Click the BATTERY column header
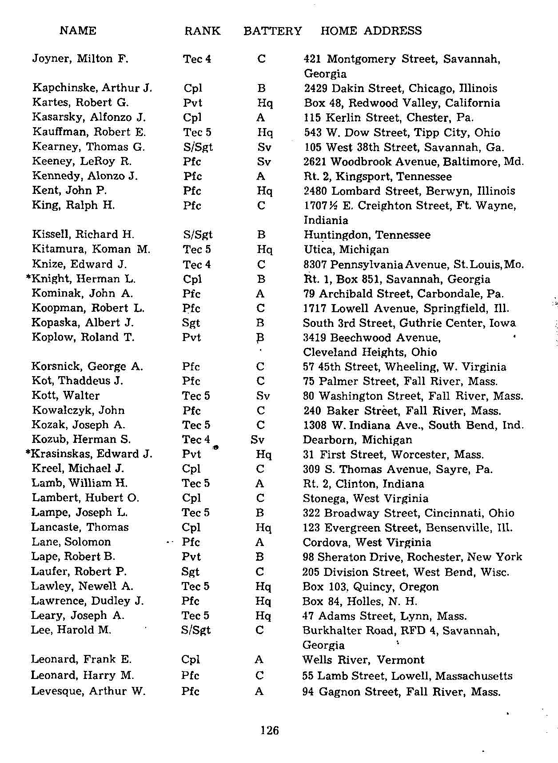click(x=272, y=31)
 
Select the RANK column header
click(x=202, y=31)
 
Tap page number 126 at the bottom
click(x=270, y=730)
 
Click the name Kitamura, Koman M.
click(x=91, y=249)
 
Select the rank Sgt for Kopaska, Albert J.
click(x=191, y=323)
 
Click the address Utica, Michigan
click(x=346, y=249)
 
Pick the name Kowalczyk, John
click(x=78, y=410)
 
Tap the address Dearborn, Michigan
click(x=357, y=440)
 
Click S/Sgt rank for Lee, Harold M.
click(x=196, y=630)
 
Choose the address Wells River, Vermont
click(x=363, y=659)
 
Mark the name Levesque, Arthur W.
click(x=88, y=691)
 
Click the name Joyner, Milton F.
click(x=80, y=59)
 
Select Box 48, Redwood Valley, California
click(x=402, y=103)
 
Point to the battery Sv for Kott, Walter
click(x=263, y=396)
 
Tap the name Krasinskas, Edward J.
click(x=92, y=454)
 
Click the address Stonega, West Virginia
click(x=365, y=498)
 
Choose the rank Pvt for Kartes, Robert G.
click(x=192, y=103)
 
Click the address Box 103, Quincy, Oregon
click(x=370, y=586)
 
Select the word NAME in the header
click(x=78, y=30)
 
